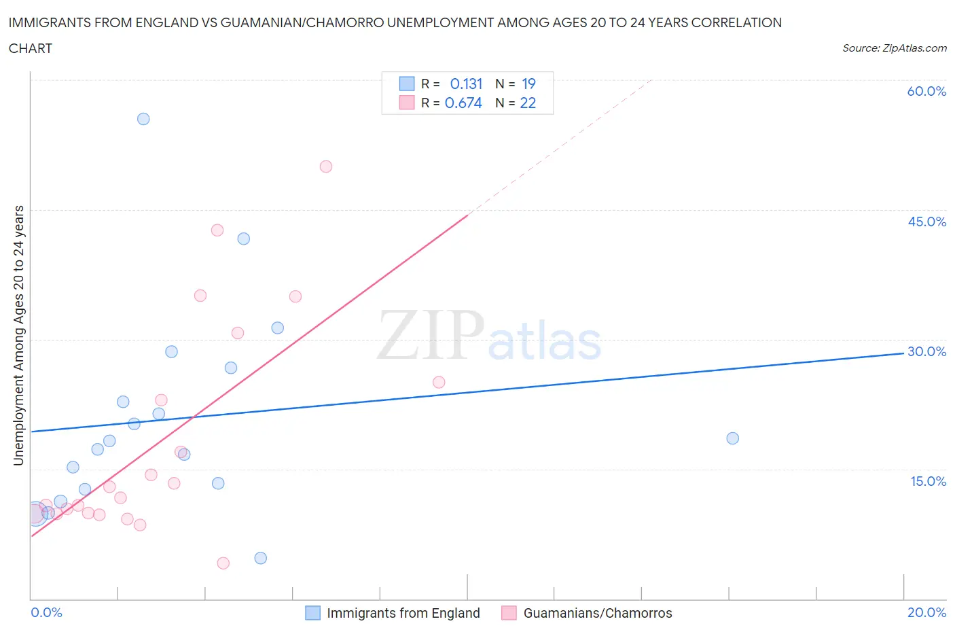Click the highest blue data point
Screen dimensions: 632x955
tap(143, 119)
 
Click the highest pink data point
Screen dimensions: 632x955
tap(326, 166)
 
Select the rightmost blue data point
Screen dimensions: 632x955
tap(732, 438)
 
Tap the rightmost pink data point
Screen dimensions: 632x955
tap(439, 383)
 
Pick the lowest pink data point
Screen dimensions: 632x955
tap(223, 563)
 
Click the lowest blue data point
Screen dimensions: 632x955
tap(261, 558)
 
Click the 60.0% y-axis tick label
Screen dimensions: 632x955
tap(926, 91)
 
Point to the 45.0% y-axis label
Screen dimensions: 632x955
tap(926, 222)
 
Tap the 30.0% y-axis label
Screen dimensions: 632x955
tap(926, 351)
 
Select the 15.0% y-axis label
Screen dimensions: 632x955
tap(928, 481)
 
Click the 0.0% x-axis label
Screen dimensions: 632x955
tap(47, 612)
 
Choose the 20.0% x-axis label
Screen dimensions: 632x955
tap(926, 612)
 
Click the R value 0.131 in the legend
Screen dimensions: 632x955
tap(466, 84)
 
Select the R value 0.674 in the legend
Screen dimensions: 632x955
tap(463, 103)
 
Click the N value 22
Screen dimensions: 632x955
tap(528, 103)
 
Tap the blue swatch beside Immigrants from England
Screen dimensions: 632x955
tap(312, 613)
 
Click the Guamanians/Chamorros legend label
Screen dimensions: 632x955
tap(598, 613)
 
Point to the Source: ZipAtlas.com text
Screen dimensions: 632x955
tap(894, 48)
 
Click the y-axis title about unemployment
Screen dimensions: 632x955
tap(19, 335)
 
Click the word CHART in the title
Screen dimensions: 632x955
tap(31, 48)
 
